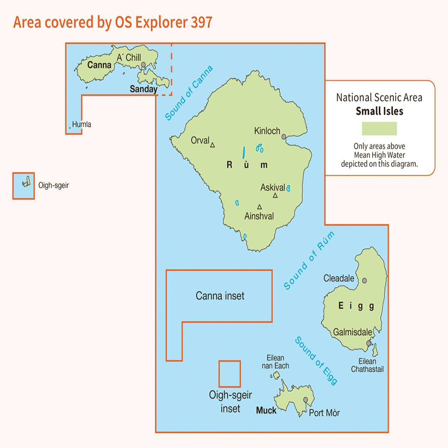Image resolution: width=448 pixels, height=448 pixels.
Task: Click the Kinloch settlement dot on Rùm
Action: pyautogui.click(x=284, y=137)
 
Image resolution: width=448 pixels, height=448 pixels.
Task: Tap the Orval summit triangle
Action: pyautogui.click(x=213, y=145)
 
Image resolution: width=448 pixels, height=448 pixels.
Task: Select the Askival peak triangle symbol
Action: pyautogui.click(x=275, y=196)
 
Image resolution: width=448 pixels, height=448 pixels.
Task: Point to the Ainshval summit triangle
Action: pyautogui.click(x=259, y=207)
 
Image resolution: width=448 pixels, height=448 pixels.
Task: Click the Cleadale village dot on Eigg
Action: pyautogui.click(x=364, y=281)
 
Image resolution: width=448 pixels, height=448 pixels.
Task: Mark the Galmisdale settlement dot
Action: pyautogui.click(x=369, y=343)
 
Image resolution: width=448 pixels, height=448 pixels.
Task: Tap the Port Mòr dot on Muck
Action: pyautogui.click(x=306, y=400)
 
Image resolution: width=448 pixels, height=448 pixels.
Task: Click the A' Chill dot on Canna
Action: pyautogui.click(x=143, y=65)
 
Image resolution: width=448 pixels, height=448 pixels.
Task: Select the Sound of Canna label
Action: pyautogui.click(x=189, y=93)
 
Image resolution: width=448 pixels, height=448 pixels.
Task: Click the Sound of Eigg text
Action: pyautogui.click(x=316, y=360)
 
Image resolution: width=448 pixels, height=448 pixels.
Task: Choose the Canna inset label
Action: pyautogui.click(x=220, y=296)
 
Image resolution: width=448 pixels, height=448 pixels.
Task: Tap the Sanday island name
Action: pyautogui.click(x=144, y=89)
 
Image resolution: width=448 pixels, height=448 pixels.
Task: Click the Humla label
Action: pyautogui.click(x=81, y=125)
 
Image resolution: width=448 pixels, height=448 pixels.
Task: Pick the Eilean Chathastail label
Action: pyautogui.click(x=367, y=365)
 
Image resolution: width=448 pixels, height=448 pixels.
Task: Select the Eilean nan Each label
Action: pyautogui.click(x=275, y=362)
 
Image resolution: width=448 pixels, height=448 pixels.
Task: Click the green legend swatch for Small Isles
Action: pyautogui.click(x=379, y=129)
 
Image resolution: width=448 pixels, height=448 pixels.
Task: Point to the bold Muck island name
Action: pyautogui.click(x=266, y=411)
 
